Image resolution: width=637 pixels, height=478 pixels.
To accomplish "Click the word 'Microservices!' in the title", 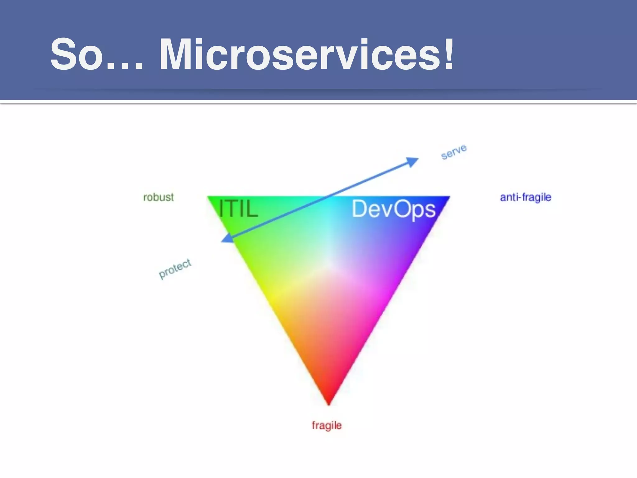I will coord(306,54).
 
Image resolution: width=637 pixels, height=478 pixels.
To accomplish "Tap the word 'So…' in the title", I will coord(96,54).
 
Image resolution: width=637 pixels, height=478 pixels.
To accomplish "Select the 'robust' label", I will coord(158,197).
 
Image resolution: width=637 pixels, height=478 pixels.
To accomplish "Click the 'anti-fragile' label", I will coord(525,197).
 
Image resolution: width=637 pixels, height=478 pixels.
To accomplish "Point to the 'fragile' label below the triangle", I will coord(327,425).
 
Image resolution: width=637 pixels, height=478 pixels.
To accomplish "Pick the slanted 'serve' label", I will coord(454,152).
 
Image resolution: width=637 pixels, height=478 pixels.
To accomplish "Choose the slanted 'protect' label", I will coord(175,268).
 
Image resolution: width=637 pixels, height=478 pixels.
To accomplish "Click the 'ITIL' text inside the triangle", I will coord(238,209).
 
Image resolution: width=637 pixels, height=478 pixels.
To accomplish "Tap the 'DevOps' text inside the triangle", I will coord(393,209).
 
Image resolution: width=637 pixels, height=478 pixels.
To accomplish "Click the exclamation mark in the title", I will coord(448,54).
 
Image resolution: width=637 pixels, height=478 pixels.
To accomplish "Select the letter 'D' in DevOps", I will coord(359,209).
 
